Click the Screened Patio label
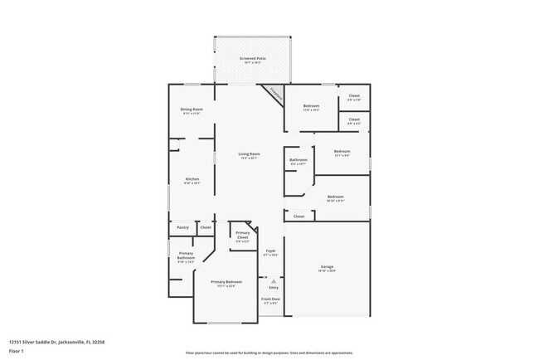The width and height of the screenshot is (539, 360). point(253,58)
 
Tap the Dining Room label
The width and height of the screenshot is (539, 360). point(192,109)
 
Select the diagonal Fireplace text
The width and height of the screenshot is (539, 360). point(273,95)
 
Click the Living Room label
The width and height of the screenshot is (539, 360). point(250,154)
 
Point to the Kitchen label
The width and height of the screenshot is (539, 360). point(192,179)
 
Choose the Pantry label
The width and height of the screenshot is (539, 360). point(183,227)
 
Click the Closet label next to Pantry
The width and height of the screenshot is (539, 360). point(206,227)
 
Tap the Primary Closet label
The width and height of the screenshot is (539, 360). point(242,236)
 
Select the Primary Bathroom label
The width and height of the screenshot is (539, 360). point(186,255)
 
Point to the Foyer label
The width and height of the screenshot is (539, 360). point(270,251)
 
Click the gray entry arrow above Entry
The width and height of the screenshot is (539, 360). point(274,281)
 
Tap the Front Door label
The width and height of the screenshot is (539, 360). point(271,299)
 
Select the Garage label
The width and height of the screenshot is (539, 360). point(328,266)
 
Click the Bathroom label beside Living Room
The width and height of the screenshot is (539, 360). point(299,159)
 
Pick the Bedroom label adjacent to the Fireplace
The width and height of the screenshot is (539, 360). point(311,106)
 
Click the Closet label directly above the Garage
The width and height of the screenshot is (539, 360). point(299,216)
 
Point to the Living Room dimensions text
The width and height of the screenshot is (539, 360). point(250,158)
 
